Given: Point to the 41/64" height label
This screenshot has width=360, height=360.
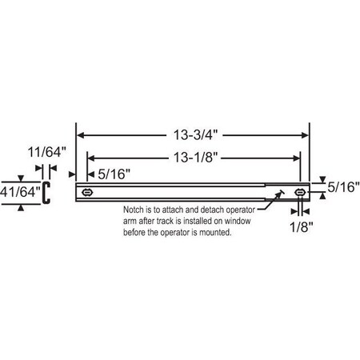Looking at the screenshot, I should (x=18, y=192).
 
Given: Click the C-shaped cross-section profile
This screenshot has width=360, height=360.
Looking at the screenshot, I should (x=46, y=192).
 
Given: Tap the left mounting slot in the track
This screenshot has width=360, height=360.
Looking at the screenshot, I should (x=88, y=192).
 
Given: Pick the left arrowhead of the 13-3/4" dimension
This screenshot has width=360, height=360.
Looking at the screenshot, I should (x=81, y=135).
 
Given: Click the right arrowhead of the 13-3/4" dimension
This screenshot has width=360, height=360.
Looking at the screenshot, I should (x=306, y=135).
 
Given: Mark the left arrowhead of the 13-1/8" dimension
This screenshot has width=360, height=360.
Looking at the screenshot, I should (x=91, y=156).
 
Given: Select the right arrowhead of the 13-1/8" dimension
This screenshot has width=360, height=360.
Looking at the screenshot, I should (x=295, y=156).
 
